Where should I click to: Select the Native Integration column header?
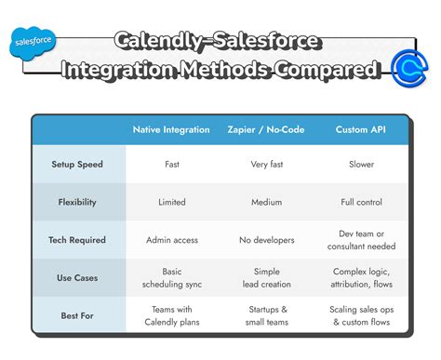coord(172,129)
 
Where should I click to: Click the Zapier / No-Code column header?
coord(266,129)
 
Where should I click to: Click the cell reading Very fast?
coord(266,165)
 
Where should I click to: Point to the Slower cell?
coord(361,165)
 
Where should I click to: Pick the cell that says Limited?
coord(172,202)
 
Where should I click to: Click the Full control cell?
coord(361,202)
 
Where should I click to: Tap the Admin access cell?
coord(172,240)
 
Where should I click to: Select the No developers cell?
coord(266,240)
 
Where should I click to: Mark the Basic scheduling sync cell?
coord(172,277)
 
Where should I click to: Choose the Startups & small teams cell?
coord(266,315)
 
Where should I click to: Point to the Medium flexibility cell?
coord(266,202)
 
